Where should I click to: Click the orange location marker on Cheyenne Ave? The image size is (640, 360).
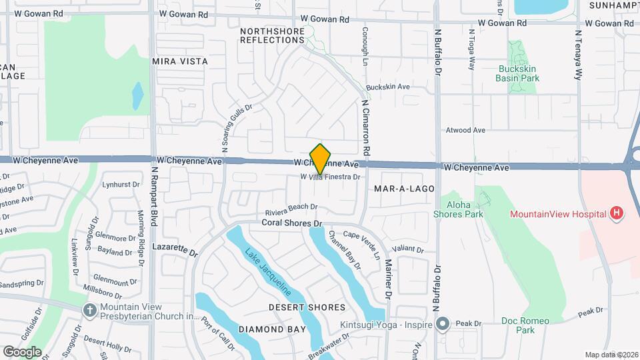pyautogui.click(x=321, y=159)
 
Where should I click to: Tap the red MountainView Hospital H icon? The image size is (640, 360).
pyautogui.click(x=617, y=213)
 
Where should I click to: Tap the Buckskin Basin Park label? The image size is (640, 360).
pyautogui.click(x=517, y=73)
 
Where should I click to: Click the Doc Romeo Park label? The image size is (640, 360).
pyautogui.click(x=525, y=325)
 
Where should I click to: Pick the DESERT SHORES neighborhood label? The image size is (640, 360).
pyautogui.click(x=307, y=307)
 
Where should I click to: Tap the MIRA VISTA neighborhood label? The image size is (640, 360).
pyautogui.click(x=180, y=61)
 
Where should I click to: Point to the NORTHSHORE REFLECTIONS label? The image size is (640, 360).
pyautogui.click(x=272, y=35)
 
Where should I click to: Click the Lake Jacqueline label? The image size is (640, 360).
pyautogui.click(x=267, y=271)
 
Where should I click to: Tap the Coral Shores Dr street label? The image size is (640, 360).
pyautogui.click(x=292, y=223)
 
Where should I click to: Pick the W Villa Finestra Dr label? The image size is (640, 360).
pyautogui.click(x=330, y=177)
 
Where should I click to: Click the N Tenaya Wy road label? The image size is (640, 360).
pyautogui.click(x=579, y=54)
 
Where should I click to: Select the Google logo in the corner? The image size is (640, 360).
pyautogui.click(x=22, y=351)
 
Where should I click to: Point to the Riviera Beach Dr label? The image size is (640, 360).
pyautogui.click(x=291, y=207)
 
